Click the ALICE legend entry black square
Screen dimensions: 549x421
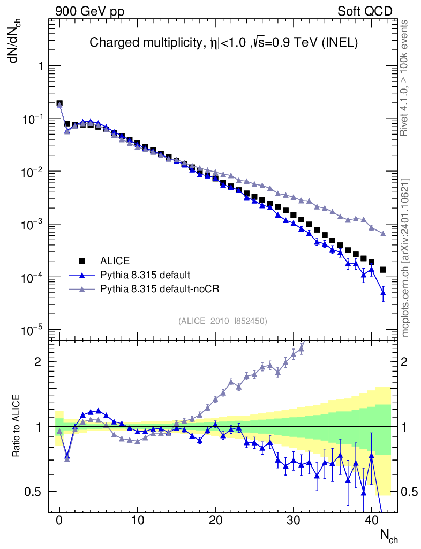82,261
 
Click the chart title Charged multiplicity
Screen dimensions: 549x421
223,42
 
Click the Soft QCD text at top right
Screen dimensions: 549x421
365,11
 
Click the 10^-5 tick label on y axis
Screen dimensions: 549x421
35,330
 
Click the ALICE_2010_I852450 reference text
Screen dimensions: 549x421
223,321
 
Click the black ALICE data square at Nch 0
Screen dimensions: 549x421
59,104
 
